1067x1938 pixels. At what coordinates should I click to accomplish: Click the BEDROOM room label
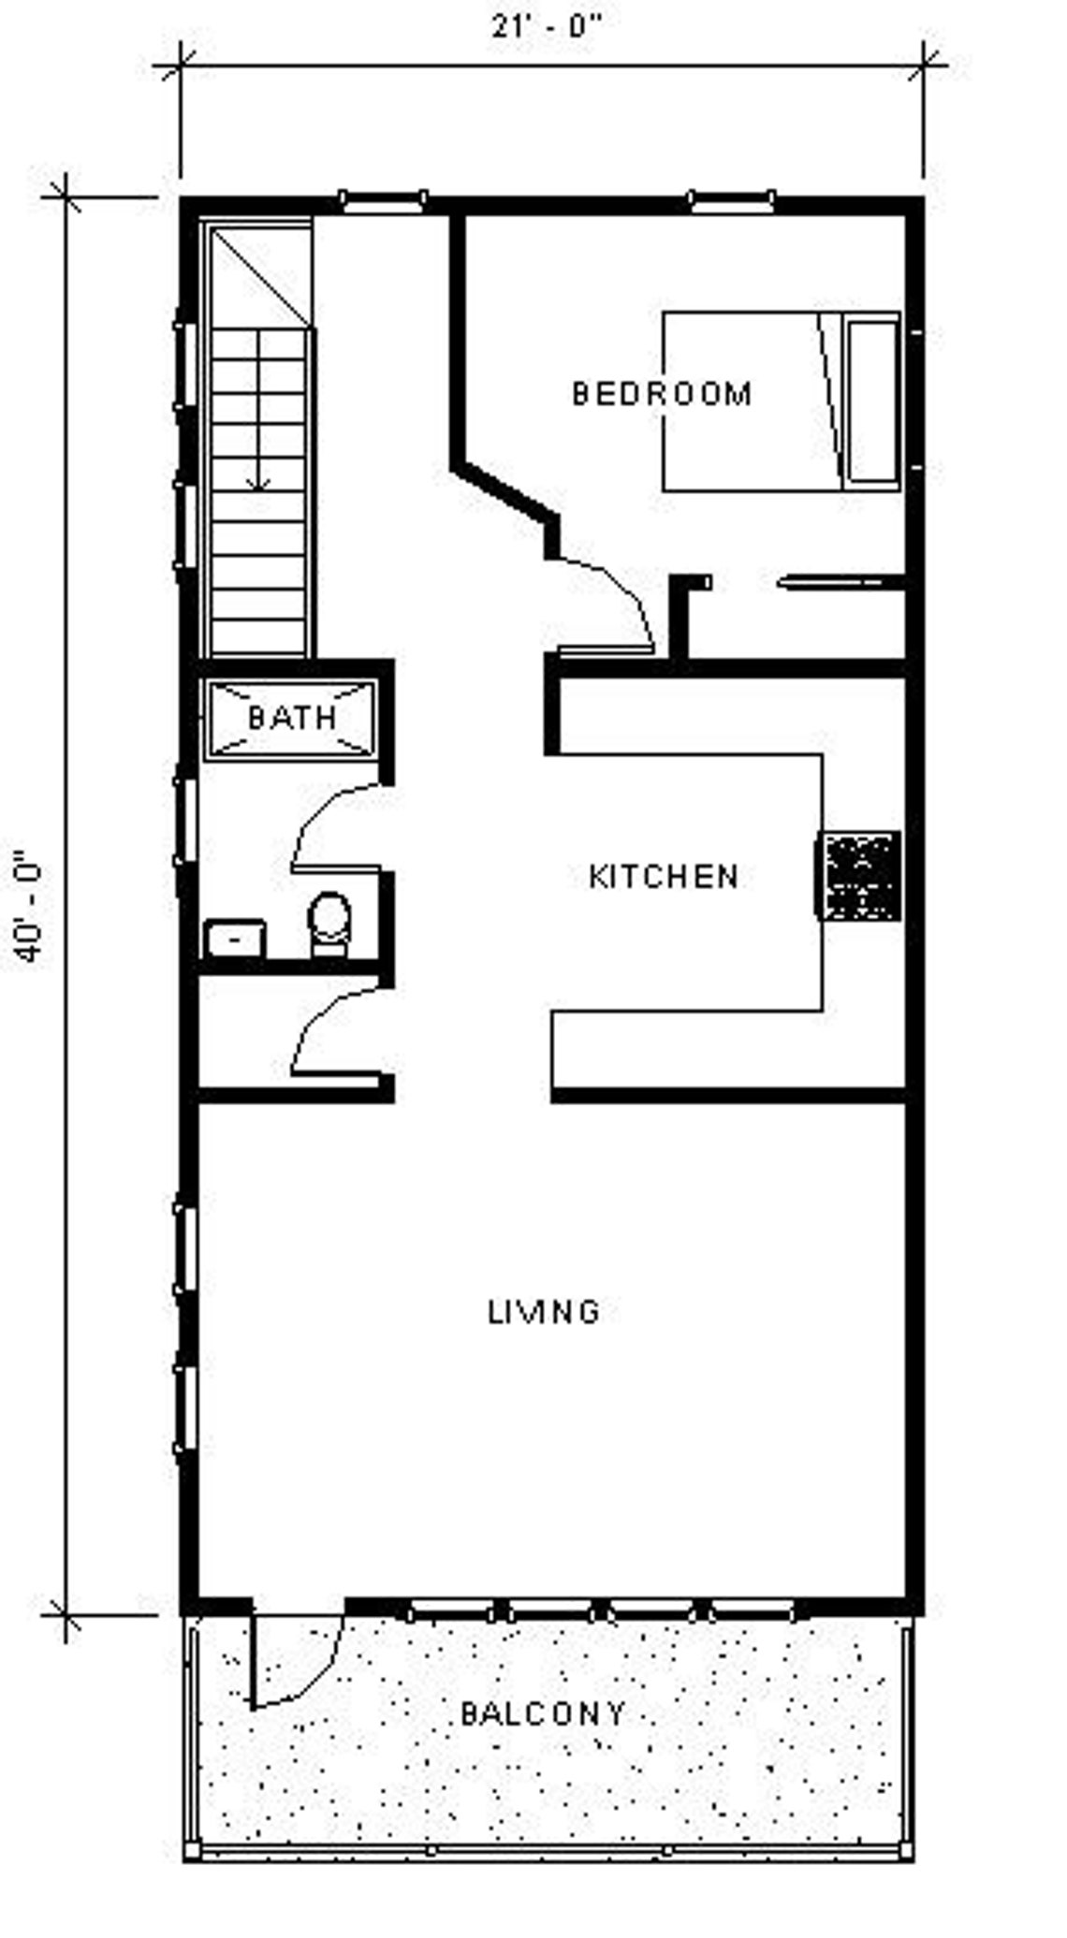[661, 393]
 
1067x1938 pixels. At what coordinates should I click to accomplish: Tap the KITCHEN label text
[664, 877]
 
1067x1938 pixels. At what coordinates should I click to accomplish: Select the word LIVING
[543, 1312]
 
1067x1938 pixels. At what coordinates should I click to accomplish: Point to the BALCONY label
[543, 1713]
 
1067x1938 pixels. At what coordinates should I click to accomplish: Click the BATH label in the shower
[291, 718]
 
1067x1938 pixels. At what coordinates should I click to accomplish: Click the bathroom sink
[234, 938]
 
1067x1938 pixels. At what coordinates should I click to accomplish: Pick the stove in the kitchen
[859, 876]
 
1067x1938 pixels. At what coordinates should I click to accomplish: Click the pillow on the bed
[872, 401]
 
